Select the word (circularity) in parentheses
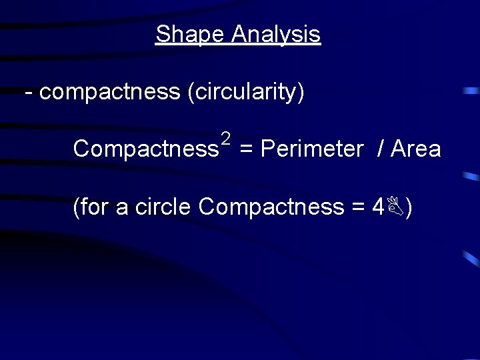[246, 93]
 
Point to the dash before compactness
[27, 93]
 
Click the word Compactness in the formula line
[145, 149]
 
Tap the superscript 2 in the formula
[225, 139]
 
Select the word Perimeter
[311, 149]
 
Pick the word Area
[416, 149]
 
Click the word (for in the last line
[91, 207]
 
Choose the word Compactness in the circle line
[271, 207]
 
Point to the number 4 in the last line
[378, 207]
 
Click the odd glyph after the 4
[395, 207]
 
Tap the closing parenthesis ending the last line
[408, 208]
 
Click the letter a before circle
[122, 209]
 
